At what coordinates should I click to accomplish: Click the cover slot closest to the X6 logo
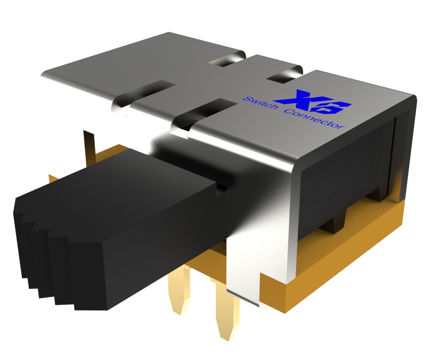(x=284, y=75)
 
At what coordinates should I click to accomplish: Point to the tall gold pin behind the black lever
(x=89, y=146)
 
